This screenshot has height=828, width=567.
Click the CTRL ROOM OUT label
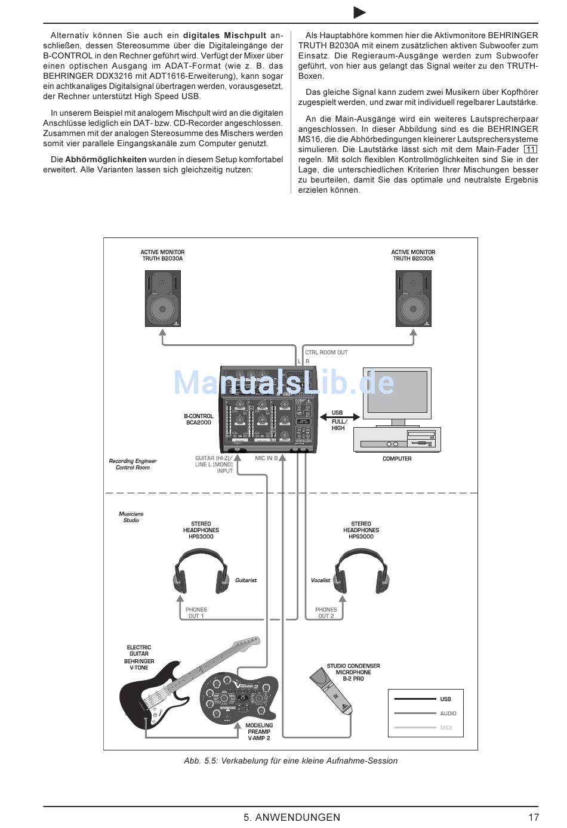tap(326, 353)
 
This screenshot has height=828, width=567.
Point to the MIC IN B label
tap(266, 458)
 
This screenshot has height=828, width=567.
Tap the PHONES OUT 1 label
tap(196, 613)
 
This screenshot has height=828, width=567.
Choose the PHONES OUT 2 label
tap(326, 613)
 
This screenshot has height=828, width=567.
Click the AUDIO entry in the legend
tap(448, 713)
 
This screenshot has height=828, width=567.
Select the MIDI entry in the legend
tap(446, 728)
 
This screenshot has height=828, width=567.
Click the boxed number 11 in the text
tap(530, 149)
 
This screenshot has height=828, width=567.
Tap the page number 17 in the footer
tap(534, 817)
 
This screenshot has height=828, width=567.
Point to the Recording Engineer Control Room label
tap(132, 464)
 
